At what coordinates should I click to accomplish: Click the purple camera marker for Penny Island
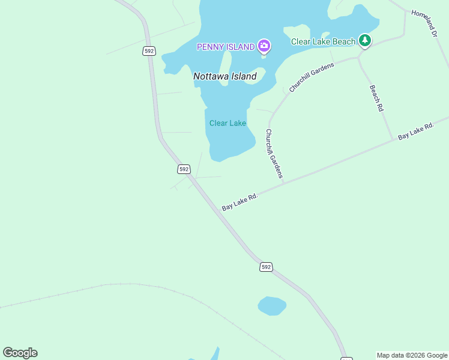click(x=264, y=46)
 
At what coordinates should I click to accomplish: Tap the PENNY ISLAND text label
click(x=226, y=47)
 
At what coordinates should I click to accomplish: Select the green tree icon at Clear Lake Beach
click(x=364, y=40)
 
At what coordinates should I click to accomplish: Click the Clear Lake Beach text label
click(x=323, y=41)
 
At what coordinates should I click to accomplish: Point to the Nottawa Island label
click(x=225, y=76)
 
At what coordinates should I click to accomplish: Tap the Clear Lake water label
click(x=228, y=123)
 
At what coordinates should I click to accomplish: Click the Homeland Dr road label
click(x=424, y=23)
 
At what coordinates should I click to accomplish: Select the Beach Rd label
click(x=376, y=98)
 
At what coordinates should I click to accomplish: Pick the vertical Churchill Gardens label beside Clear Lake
click(x=274, y=154)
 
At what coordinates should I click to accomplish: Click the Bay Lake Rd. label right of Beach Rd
click(x=415, y=132)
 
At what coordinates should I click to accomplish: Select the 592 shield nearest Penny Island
click(x=149, y=51)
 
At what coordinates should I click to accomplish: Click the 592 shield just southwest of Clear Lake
click(x=184, y=169)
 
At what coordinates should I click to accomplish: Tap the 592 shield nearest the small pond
click(x=267, y=266)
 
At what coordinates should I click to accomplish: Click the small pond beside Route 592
click(x=272, y=306)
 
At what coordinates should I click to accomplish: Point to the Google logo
click(x=20, y=353)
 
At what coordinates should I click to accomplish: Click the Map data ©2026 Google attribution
click(x=412, y=355)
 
